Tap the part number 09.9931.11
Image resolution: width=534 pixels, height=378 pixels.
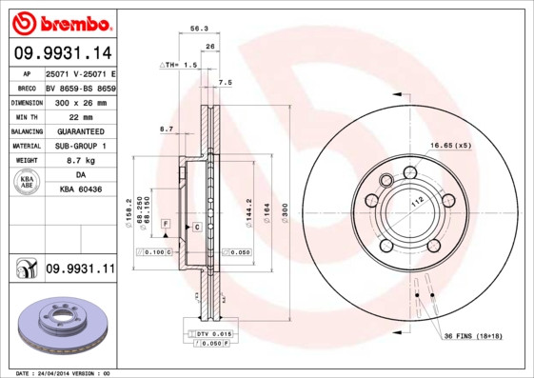[80, 269]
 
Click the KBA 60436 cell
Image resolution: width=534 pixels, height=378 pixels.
[80, 191]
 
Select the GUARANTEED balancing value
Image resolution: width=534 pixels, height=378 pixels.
[80, 131]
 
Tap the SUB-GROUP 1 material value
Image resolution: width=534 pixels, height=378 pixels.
[80, 147]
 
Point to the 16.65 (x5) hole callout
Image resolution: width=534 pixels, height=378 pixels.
[450, 145]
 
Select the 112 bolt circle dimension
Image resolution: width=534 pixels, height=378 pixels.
[416, 203]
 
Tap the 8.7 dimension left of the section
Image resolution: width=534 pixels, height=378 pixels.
[167, 128]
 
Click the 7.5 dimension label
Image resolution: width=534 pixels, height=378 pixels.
[226, 83]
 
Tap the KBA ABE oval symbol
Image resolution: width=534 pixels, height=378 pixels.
[28, 183]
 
